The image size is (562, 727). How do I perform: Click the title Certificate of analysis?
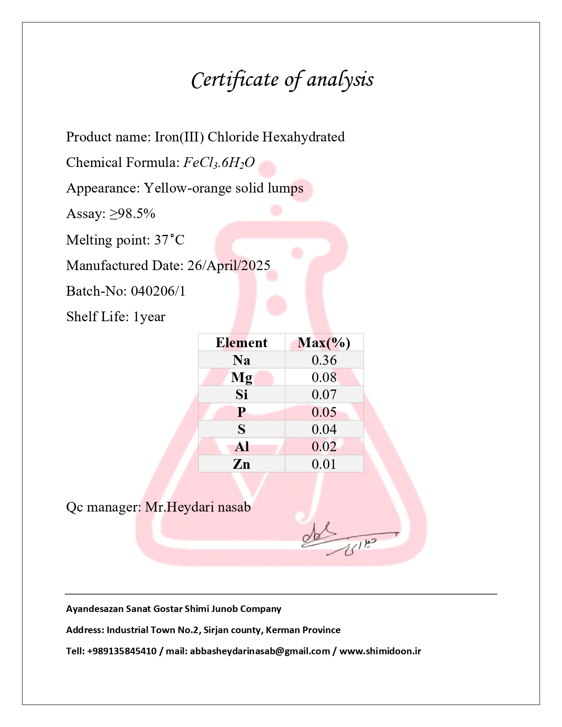pyautogui.click(x=282, y=80)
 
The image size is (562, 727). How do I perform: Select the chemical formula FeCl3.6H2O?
pyautogui.click(x=219, y=163)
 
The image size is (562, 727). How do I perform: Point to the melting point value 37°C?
pyautogui.click(x=169, y=240)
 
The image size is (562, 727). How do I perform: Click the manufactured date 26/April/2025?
pyautogui.click(x=229, y=266)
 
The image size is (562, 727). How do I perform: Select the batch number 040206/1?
pyautogui.click(x=158, y=291)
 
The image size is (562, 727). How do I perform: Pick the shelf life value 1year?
pyautogui.click(x=149, y=317)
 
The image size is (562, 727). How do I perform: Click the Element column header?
pyautogui.click(x=242, y=343)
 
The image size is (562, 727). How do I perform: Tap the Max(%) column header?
pyautogui.click(x=324, y=343)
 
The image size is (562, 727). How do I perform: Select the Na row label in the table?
pyautogui.click(x=242, y=360)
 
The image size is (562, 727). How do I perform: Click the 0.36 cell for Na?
pyautogui.click(x=324, y=360)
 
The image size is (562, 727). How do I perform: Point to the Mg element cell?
pyautogui.click(x=242, y=377)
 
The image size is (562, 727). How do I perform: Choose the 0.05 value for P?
pyautogui.click(x=324, y=412)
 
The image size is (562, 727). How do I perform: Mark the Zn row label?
pyautogui.click(x=242, y=464)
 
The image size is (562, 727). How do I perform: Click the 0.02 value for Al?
pyautogui.click(x=324, y=446)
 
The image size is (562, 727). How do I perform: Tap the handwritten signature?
pyautogui.click(x=344, y=540)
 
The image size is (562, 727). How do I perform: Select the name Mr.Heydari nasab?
pyautogui.click(x=198, y=507)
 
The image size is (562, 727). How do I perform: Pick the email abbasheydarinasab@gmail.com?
pyautogui.click(x=260, y=651)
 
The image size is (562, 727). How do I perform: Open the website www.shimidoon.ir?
pyautogui.click(x=380, y=651)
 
